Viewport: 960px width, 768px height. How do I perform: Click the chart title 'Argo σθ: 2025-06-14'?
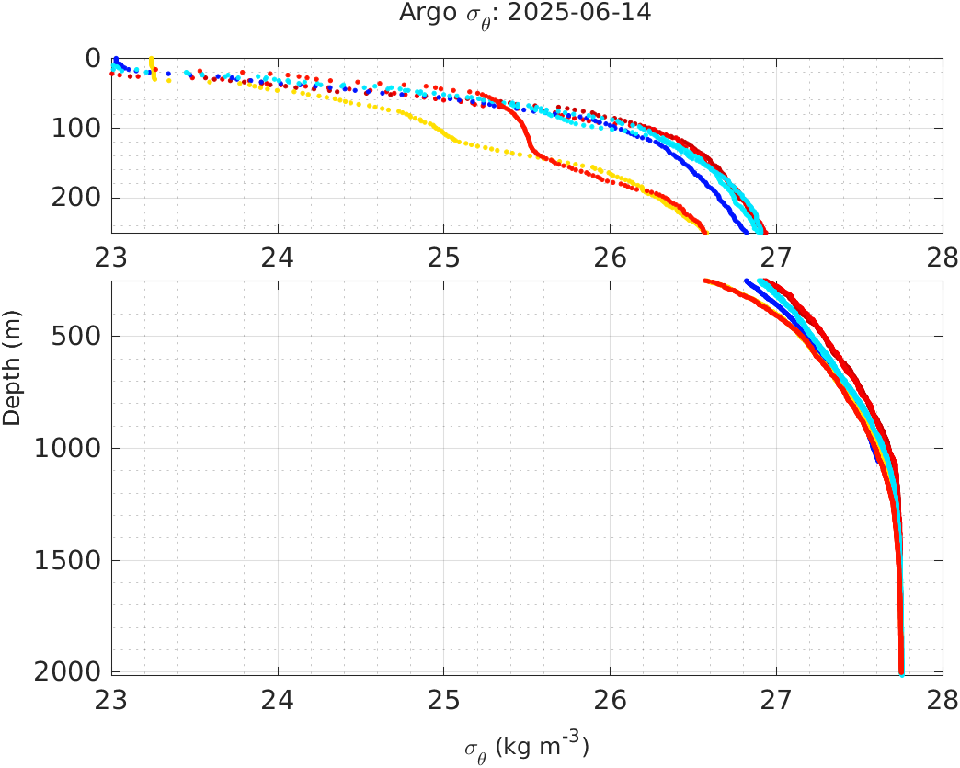(x=525, y=15)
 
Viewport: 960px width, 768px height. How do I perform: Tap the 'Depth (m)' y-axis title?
(x=12, y=380)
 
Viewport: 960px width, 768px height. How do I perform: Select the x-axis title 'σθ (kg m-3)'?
(x=525, y=747)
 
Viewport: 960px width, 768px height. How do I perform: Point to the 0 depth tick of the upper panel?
(x=93, y=59)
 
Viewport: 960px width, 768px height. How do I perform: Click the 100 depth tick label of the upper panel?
(x=75, y=129)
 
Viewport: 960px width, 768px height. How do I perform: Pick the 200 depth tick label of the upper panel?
(x=75, y=199)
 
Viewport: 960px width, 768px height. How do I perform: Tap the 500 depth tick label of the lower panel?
(x=75, y=336)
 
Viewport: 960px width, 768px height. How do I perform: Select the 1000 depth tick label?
(x=68, y=449)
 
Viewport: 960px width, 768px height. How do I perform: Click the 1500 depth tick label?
(x=68, y=561)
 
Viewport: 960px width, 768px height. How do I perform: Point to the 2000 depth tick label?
(x=68, y=672)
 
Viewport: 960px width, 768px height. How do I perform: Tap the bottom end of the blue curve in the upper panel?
(x=746, y=231)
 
